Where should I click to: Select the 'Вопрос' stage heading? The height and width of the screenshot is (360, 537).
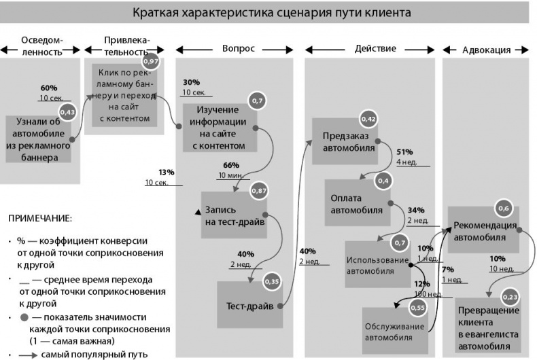(x=239, y=49)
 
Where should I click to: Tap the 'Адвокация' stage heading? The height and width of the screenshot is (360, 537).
(x=487, y=50)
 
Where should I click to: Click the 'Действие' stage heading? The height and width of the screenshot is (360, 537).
(x=375, y=49)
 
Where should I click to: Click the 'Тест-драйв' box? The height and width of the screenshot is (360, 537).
(x=249, y=306)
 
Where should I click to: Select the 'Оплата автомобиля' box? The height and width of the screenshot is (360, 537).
(x=356, y=203)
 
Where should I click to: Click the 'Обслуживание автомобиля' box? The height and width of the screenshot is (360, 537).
(x=394, y=330)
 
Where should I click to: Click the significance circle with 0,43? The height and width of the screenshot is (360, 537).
(x=68, y=111)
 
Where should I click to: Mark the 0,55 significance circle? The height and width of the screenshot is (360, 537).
(x=418, y=308)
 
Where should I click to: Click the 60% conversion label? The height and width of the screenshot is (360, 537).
(x=49, y=88)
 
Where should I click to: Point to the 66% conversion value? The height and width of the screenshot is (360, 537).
(x=231, y=165)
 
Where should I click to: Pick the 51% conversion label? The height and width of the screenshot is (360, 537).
(x=404, y=152)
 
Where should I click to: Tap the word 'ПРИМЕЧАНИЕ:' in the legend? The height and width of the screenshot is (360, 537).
(x=39, y=219)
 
